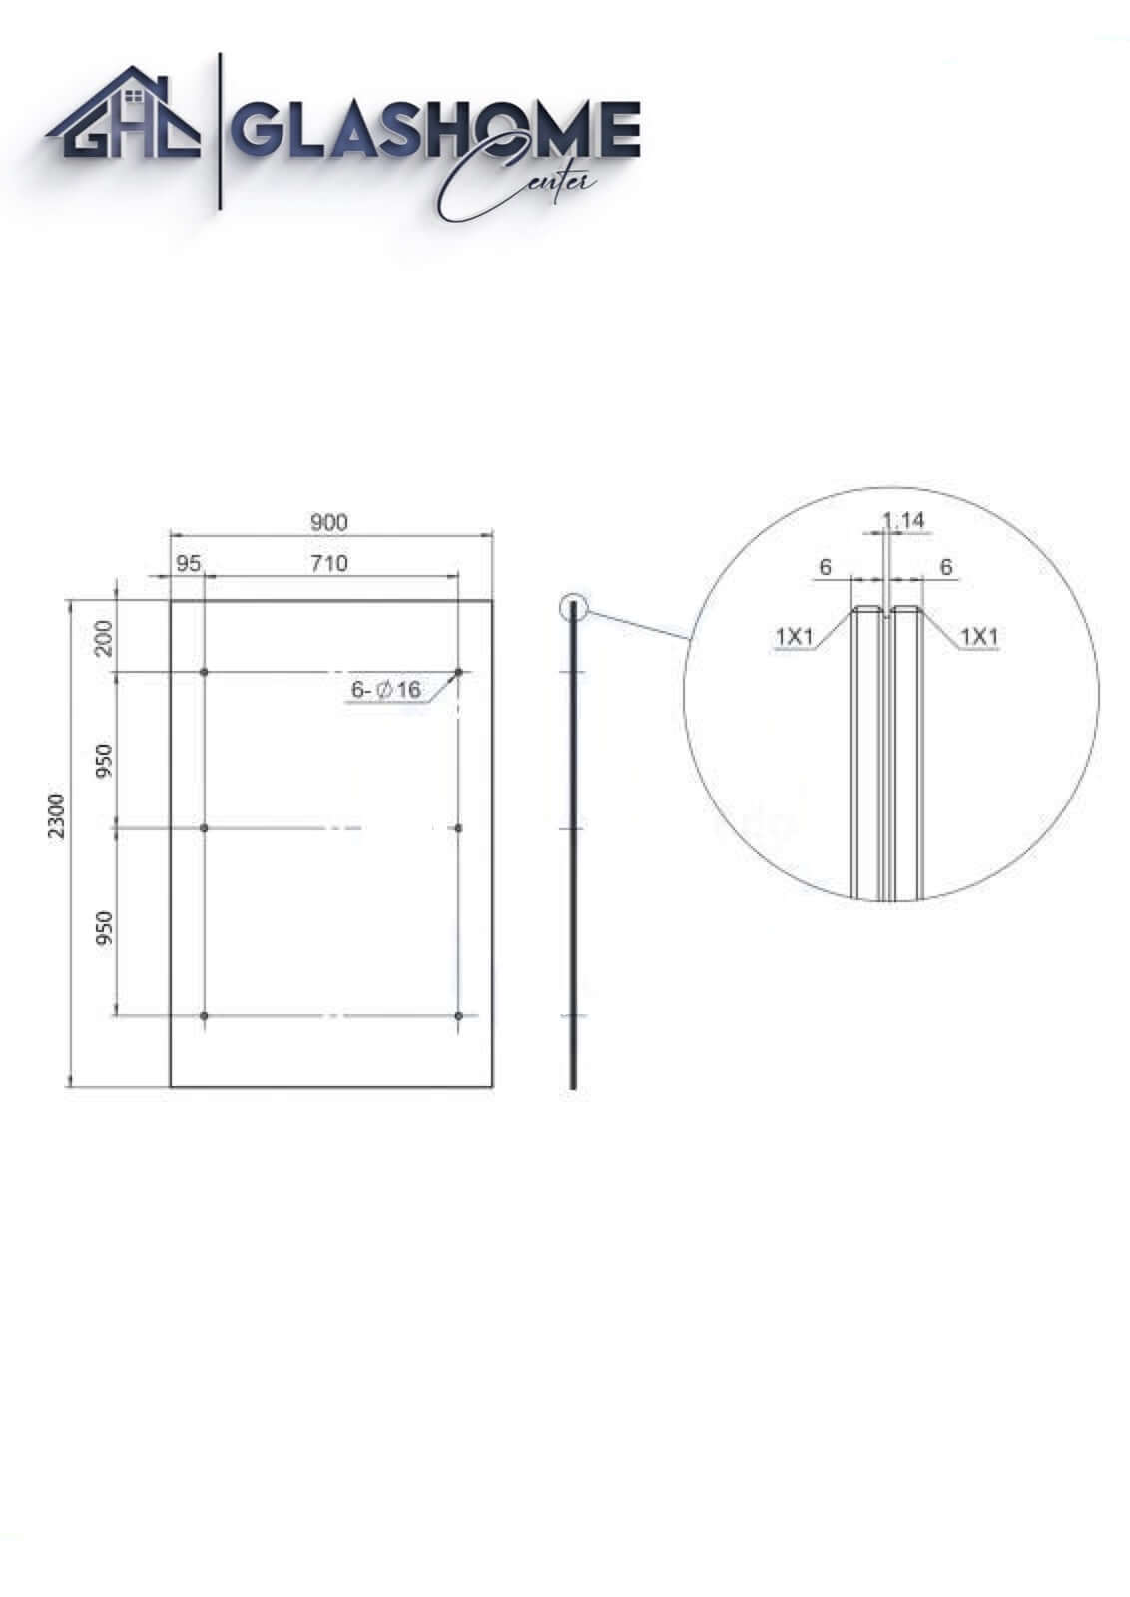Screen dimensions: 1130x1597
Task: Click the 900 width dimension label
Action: [x=329, y=523]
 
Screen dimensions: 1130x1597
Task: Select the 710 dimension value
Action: [x=329, y=563]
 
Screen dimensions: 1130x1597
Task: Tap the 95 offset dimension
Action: [x=189, y=563]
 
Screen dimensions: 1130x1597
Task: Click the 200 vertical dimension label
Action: [x=104, y=638]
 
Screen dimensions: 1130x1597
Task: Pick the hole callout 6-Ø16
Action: [x=386, y=690]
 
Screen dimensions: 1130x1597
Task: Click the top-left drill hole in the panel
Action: [x=204, y=672]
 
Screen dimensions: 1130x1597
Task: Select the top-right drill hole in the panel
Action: [x=458, y=672]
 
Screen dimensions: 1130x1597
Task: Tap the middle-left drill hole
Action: [x=204, y=828]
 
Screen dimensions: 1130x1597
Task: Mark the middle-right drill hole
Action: [x=458, y=828]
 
